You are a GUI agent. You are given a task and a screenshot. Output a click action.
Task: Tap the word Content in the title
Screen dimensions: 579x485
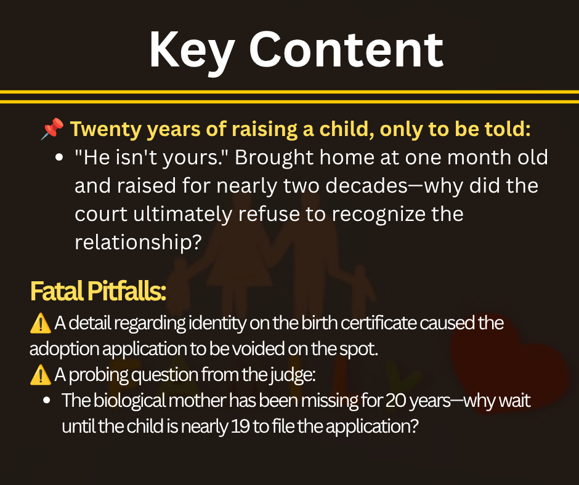coord(346,49)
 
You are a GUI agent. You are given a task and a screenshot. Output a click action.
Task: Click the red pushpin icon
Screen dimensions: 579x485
coord(52,129)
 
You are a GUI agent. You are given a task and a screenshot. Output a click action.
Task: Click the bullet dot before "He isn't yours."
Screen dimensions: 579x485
coord(59,158)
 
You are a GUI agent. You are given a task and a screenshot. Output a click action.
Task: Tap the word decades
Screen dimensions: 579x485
coord(366,185)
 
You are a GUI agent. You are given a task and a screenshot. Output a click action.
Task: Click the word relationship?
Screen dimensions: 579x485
coord(138,242)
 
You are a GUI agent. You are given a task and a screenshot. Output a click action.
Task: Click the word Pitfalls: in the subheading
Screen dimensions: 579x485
coord(127,291)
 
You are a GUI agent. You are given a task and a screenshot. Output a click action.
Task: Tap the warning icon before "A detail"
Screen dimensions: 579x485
coord(40,323)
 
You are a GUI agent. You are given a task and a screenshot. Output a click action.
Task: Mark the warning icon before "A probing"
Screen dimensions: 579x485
coord(40,375)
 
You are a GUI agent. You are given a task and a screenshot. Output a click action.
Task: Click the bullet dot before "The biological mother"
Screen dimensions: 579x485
coord(47,401)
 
